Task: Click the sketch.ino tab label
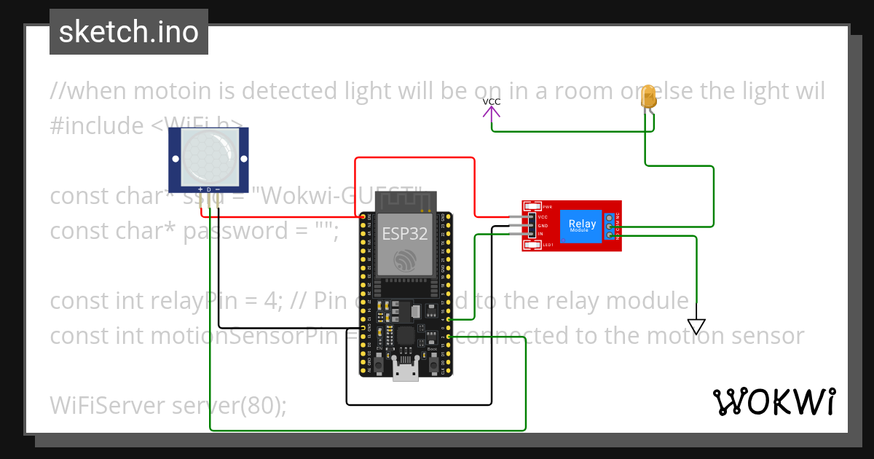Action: [129, 32]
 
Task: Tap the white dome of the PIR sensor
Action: [208, 156]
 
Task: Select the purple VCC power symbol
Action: [492, 108]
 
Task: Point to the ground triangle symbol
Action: [697, 326]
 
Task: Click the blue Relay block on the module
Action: [582, 226]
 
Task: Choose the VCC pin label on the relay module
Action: [543, 217]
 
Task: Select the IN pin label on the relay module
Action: [540, 234]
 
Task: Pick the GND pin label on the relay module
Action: [543, 226]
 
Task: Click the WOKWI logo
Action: [774, 401]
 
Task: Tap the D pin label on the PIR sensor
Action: [209, 189]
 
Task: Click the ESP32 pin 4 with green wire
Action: [449, 319]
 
